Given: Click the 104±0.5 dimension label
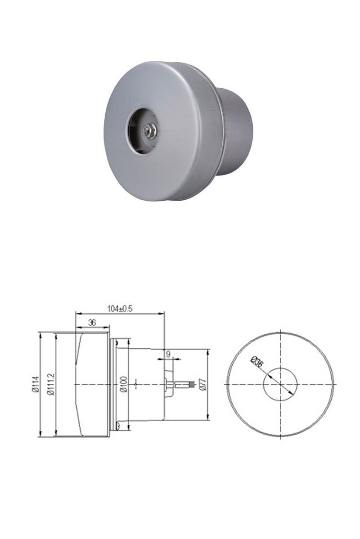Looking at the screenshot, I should (x=120, y=309).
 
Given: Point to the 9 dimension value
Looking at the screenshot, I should (x=168, y=354).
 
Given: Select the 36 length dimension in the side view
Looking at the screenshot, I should (x=92, y=322).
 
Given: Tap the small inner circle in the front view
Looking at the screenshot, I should (x=281, y=384).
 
